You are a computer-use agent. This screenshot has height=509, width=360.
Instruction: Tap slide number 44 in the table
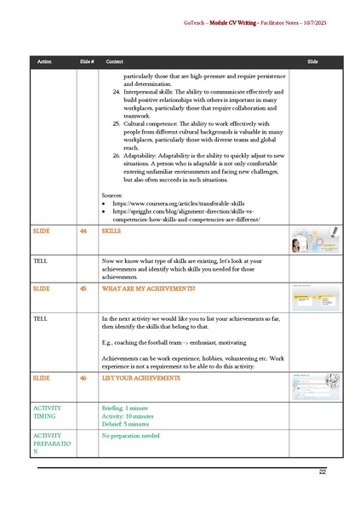(83, 231)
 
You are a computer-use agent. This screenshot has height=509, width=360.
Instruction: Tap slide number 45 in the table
(83, 289)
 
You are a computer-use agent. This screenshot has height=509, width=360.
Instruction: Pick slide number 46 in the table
(83, 377)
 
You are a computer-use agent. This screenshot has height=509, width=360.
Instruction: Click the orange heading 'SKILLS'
(111, 231)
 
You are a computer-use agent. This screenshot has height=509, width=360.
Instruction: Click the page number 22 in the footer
(323, 472)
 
